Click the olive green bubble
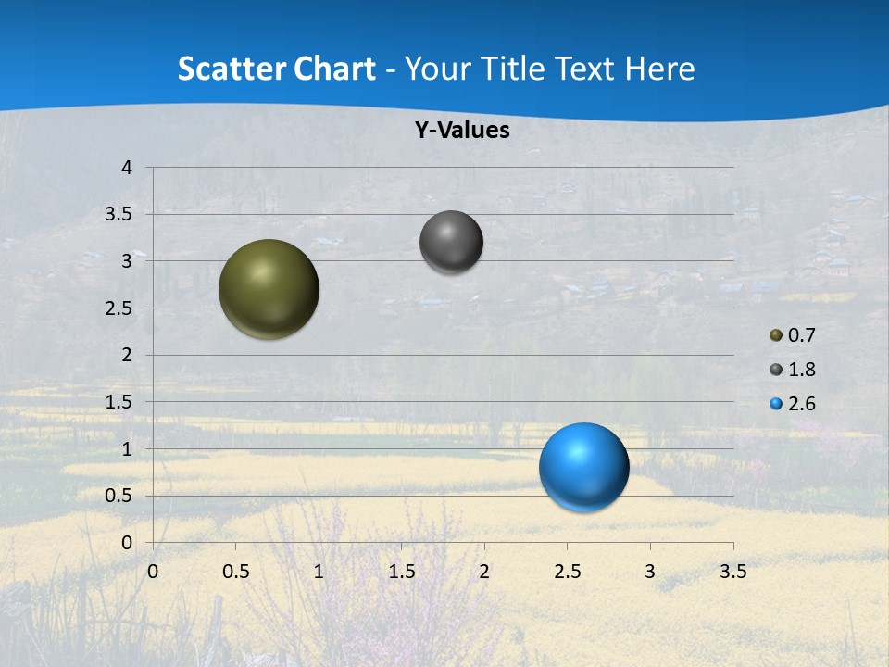[269, 289]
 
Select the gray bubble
[451, 242]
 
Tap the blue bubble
[583, 467]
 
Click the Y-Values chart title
[462, 131]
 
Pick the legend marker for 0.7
[776, 334]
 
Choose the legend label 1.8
[802, 370]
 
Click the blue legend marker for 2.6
[776, 404]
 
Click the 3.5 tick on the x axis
[732, 572]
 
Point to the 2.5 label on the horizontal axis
[567, 572]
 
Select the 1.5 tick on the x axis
[401, 572]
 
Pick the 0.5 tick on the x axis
[235, 572]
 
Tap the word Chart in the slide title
[333, 69]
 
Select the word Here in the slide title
[659, 69]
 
